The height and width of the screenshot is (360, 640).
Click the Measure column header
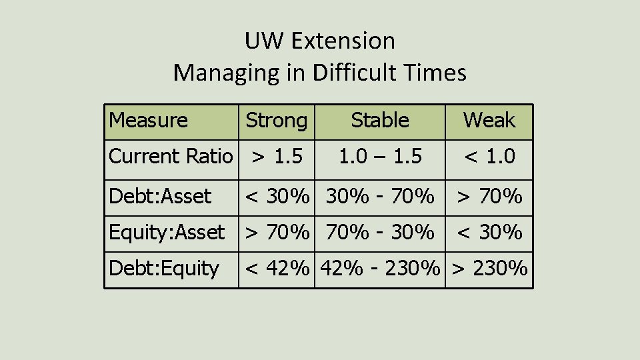point(148,121)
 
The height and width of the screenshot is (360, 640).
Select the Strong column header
point(277,121)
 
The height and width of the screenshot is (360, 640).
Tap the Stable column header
point(379,121)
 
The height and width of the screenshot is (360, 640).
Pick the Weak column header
point(489,121)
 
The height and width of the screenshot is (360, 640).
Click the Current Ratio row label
point(171,157)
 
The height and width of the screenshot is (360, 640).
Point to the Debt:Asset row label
point(160,197)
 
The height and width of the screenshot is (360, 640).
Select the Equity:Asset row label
point(167,233)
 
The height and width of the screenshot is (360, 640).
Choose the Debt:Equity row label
point(164,269)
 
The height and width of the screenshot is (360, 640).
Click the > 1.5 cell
point(277,157)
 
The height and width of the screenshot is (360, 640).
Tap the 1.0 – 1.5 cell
point(379,157)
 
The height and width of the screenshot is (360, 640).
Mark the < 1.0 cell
point(489,157)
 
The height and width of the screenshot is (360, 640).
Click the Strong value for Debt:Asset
point(277,197)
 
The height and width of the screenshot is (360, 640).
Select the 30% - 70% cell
point(379,197)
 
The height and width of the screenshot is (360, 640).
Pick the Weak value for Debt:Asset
point(489,197)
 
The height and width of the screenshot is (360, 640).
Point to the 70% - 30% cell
point(379,233)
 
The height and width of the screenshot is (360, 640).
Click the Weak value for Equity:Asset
point(489,233)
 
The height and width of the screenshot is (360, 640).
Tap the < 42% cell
point(277,269)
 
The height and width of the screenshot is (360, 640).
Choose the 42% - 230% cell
point(379,269)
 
